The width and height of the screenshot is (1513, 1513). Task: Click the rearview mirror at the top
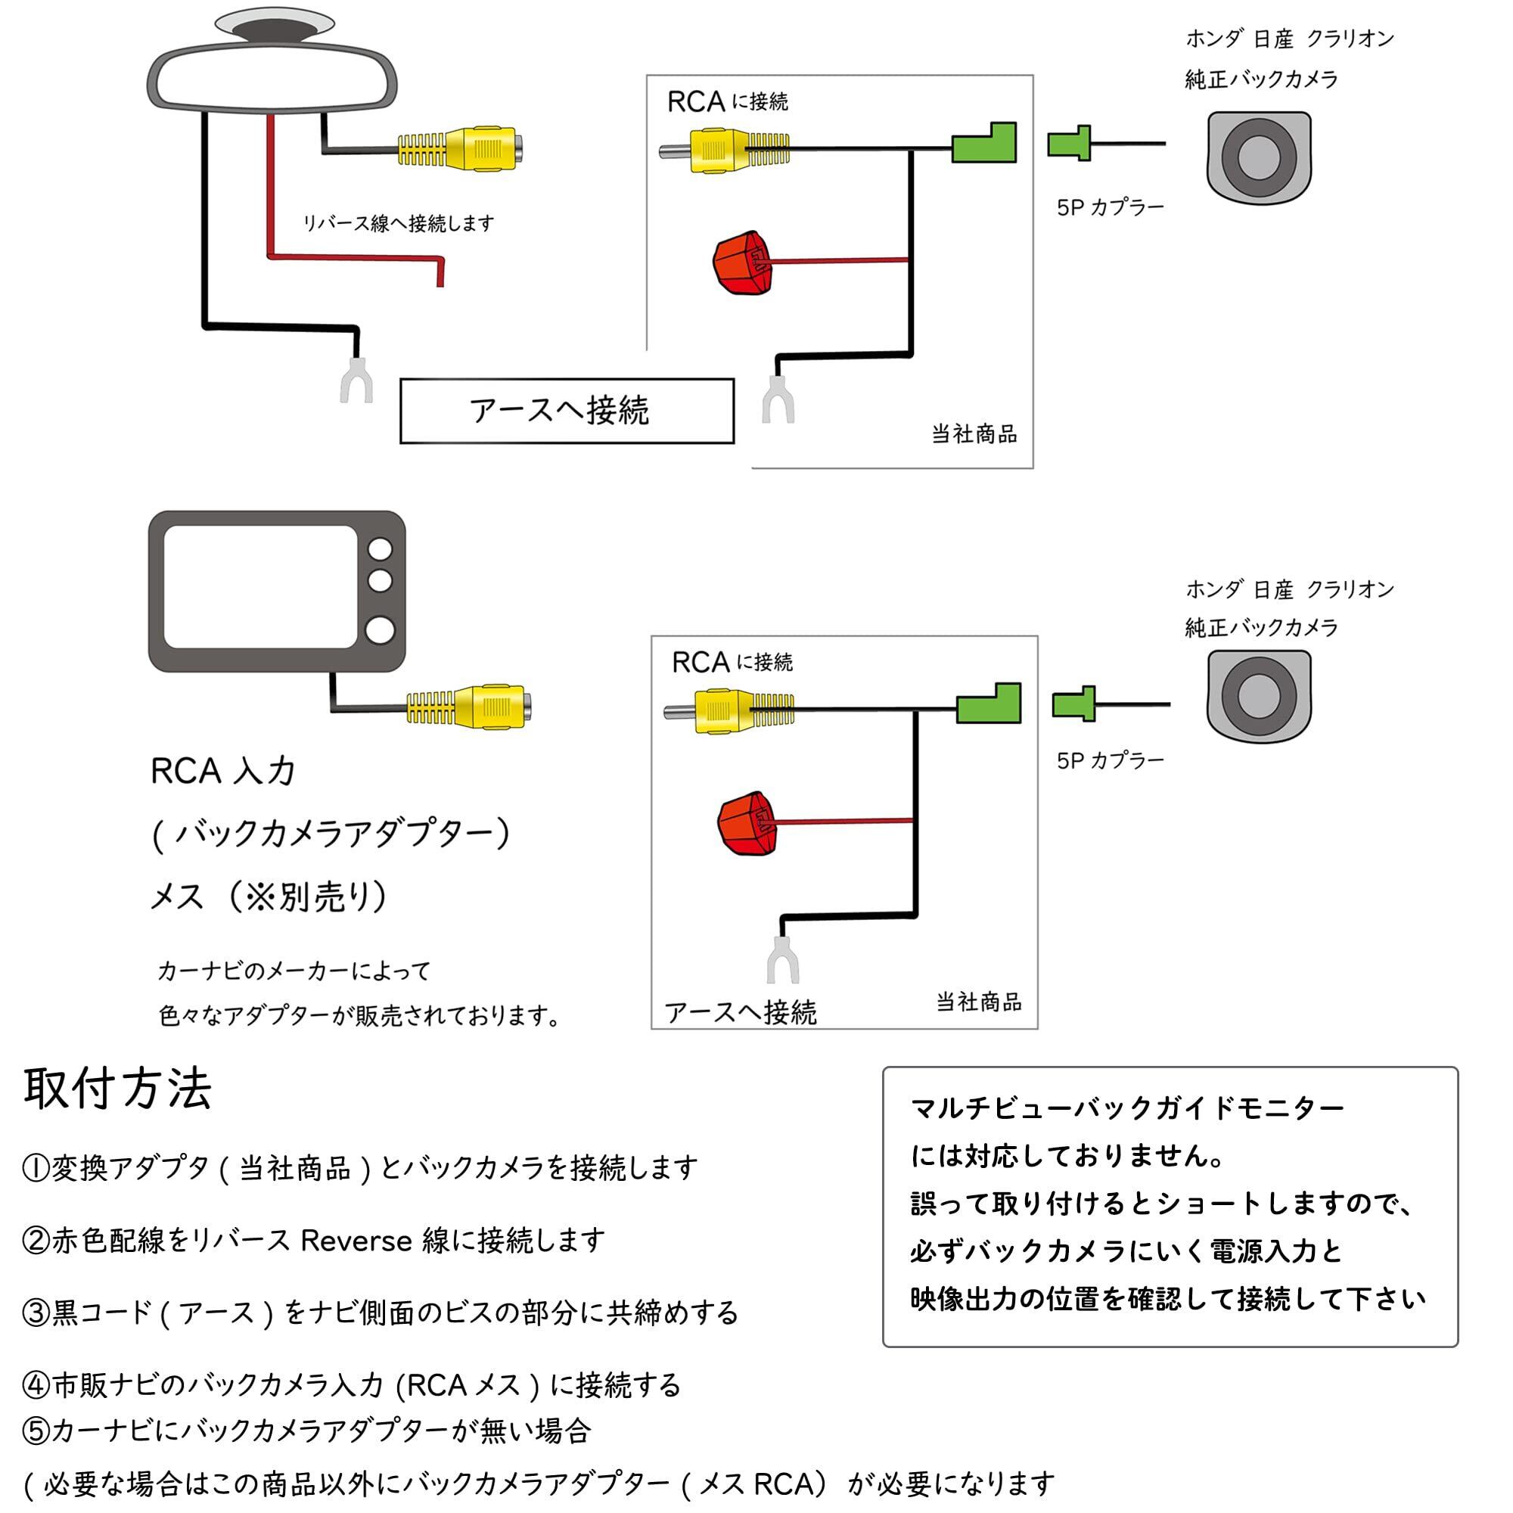pos(272,79)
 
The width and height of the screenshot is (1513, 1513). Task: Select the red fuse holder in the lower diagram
pos(747,823)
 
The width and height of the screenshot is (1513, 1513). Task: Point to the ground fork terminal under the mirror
pos(356,381)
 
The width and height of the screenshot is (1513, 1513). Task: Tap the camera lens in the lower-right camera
pos(1259,696)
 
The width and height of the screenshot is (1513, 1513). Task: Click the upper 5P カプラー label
pos(1110,207)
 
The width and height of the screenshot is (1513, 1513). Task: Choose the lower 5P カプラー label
pos(1110,760)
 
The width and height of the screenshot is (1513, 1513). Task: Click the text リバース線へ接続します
pos(399,224)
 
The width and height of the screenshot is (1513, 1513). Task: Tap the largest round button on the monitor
pos(380,630)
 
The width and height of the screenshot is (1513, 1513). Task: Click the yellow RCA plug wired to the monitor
pos(470,707)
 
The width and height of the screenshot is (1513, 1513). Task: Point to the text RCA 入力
pos(222,772)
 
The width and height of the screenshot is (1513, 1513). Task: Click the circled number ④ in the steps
pos(36,1385)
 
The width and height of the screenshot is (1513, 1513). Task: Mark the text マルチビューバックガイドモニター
pos(1127,1108)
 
